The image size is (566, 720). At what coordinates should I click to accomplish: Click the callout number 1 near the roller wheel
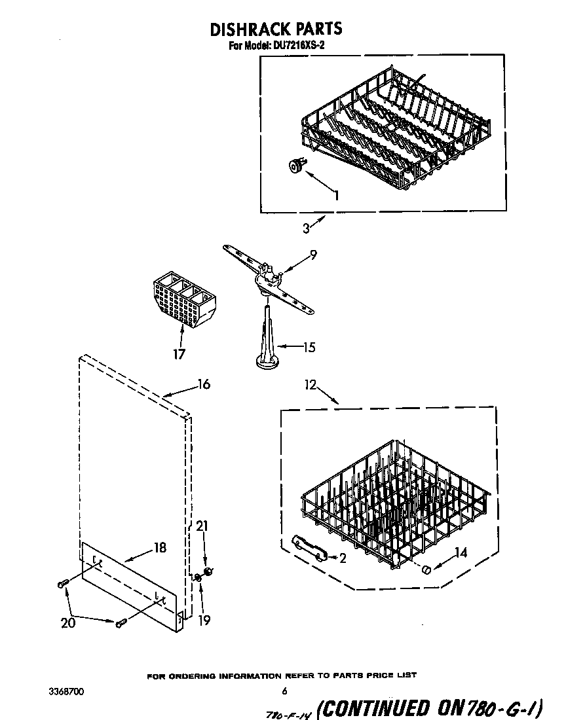click(336, 195)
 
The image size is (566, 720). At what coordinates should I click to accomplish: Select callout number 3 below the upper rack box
click(306, 228)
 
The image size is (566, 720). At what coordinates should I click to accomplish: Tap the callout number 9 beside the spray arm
click(313, 256)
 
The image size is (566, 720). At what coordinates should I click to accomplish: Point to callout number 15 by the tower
click(308, 348)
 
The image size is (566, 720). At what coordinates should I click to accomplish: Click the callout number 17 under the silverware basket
click(179, 354)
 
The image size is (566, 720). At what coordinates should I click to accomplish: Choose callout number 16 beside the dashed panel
click(204, 384)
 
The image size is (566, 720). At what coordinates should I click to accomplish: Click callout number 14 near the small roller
click(461, 552)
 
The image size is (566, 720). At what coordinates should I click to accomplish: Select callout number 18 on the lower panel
click(160, 548)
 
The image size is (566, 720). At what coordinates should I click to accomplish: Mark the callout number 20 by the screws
click(68, 623)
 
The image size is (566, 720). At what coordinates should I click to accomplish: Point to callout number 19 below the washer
click(204, 621)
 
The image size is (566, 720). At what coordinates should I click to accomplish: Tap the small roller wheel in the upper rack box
click(297, 168)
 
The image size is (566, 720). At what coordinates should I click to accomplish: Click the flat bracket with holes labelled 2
click(309, 548)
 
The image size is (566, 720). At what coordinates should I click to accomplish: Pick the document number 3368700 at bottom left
click(66, 691)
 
